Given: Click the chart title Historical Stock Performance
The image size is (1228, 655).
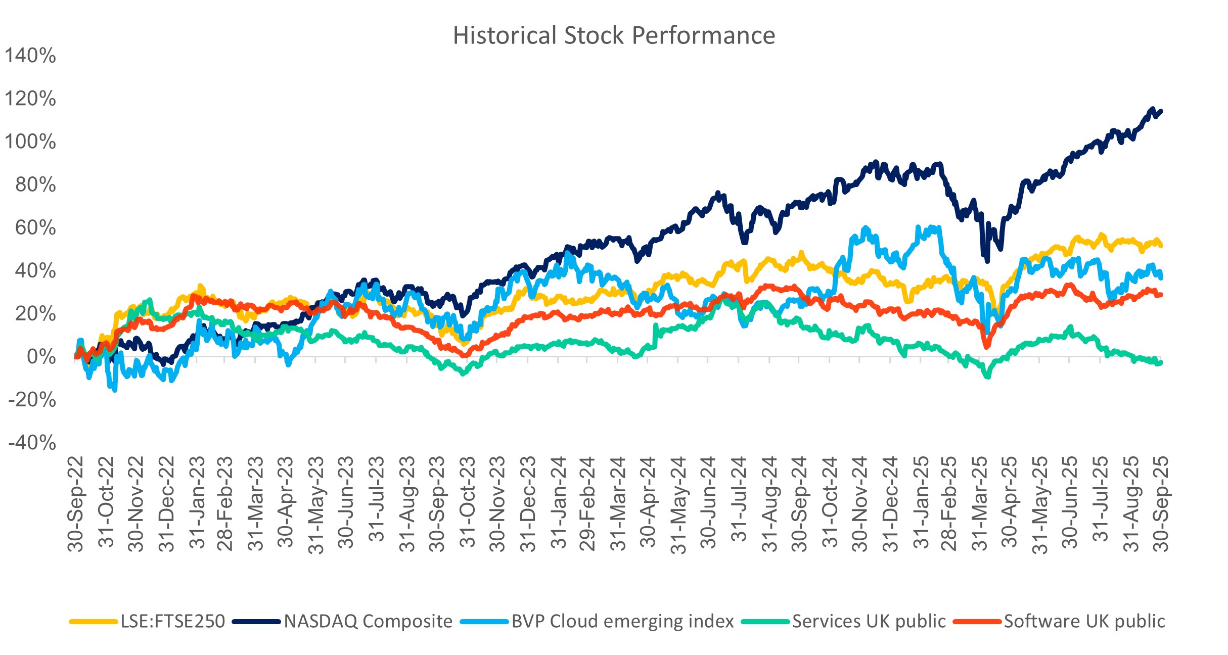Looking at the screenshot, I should coord(614,35).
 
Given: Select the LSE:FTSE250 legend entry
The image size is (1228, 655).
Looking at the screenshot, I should coord(172,621).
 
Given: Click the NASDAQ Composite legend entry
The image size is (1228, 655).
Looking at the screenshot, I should coord(368,621).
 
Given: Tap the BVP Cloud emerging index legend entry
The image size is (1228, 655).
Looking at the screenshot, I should coord(622,621).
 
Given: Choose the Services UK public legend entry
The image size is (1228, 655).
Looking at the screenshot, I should coord(869,621).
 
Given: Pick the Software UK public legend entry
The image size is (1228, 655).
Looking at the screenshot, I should coord(1084,621).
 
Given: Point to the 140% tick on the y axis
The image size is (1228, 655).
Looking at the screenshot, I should coord(30,56).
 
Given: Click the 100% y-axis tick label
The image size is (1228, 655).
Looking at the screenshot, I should coord(30,142).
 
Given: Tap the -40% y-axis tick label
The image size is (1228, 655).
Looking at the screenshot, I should coord(32,443).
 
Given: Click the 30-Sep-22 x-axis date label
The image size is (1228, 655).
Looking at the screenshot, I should coord(76,503).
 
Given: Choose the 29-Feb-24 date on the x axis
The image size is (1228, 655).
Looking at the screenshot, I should coord(588,503).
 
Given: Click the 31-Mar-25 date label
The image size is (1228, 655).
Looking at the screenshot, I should coord(980,503).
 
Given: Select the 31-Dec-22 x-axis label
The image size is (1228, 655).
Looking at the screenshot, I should coord(167,503).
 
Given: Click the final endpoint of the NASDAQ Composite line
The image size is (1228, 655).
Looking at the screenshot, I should coord(1161,111).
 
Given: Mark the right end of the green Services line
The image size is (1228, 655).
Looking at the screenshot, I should coord(1160,362).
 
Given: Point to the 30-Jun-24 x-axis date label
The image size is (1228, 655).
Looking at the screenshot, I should coord(709,503).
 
